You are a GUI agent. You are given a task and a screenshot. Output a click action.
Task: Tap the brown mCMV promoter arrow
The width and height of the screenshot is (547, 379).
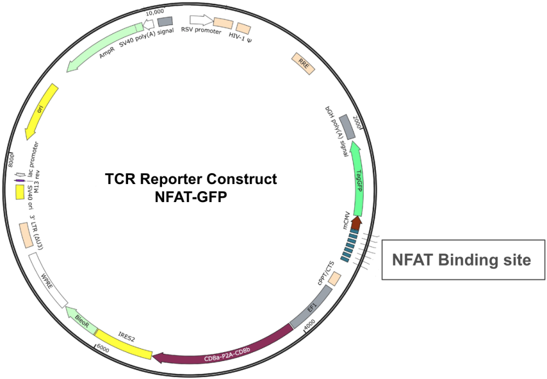tap(356, 223)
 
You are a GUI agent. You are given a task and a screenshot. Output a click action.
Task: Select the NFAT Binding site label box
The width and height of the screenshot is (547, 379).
tap(463, 260)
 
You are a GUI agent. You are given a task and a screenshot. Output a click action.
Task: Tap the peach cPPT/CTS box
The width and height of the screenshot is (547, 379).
tap(335, 279)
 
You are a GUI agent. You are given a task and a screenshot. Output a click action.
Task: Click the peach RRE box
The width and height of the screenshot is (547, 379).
tap(303, 64)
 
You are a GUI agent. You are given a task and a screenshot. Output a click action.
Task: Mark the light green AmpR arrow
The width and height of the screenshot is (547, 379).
tap(104, 48)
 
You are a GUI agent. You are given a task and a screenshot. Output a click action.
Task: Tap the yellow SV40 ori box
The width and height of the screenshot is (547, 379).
tap(20, 192)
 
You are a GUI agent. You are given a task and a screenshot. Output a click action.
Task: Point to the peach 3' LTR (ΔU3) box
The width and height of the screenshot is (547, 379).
tap(26, 236)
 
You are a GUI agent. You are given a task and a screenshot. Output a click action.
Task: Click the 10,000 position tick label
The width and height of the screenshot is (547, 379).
tap(155, 12)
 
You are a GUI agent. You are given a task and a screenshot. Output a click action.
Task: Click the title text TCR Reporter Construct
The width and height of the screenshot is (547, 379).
tap(191, 179)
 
